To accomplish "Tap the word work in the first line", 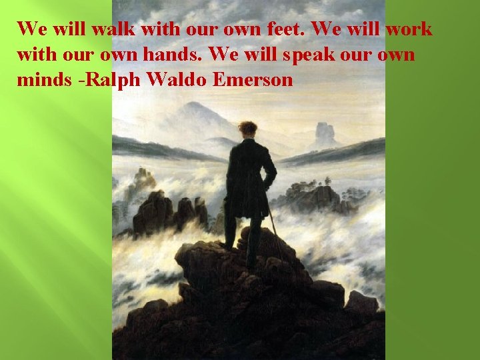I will (x=409, y=29).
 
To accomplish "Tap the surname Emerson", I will (x=253, y=80).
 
